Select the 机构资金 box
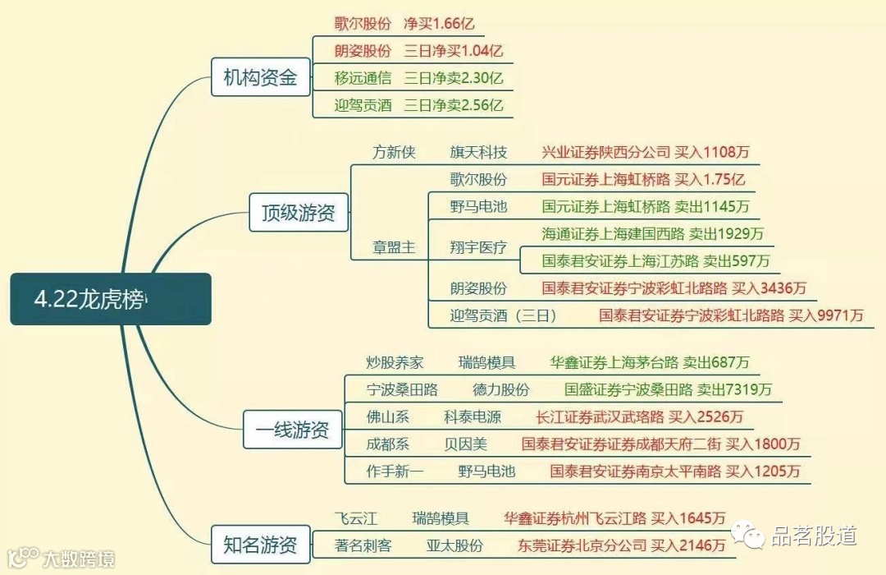coord(260,78)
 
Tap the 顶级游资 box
coord(298,213)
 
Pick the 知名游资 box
coord(260,544)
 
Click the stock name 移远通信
coord(363,79)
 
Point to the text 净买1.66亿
coord(441,24)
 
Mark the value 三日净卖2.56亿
coord(453,105)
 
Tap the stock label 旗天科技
coord(478,153)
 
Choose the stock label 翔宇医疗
coord(478,247)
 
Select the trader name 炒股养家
coord(395,362)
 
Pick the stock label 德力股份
coord(500,389)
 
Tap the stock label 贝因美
coord(465,444)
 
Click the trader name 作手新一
coord(395,471)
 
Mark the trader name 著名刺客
coord(363,545)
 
